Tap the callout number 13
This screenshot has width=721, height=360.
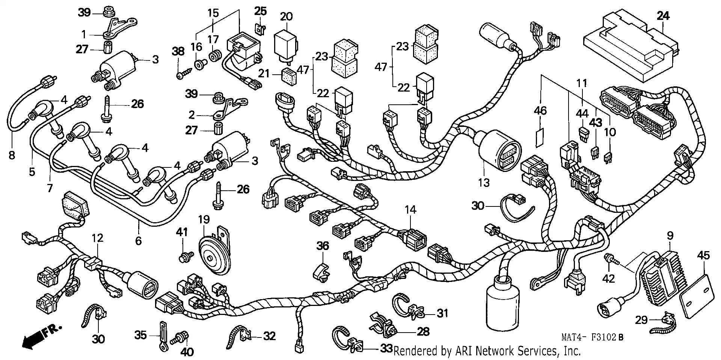pos(484,183)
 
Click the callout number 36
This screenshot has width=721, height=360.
pos(323,246)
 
